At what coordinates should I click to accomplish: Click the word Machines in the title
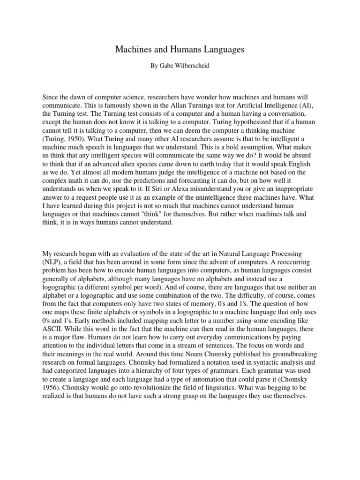pyautogui.click(x=133, y=50)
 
